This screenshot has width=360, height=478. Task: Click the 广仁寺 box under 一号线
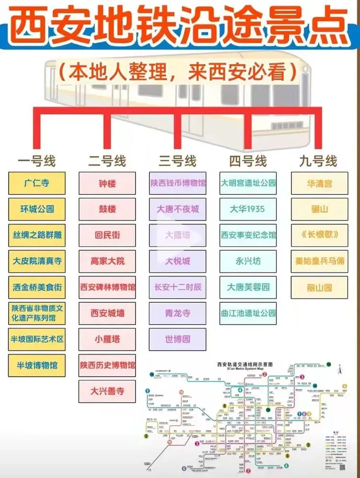[36, 183]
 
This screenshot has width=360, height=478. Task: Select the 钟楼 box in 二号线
[107, 183]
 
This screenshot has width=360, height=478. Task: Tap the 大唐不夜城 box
[178, 209]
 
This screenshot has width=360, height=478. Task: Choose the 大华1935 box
[248, 209]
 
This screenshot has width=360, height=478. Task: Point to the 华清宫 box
[319, 183]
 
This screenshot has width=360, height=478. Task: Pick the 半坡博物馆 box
[36, 365]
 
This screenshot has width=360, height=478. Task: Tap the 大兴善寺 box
[107, 391]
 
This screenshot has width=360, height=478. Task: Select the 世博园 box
[178, 339]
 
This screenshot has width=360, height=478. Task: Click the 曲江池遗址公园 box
[248, 313]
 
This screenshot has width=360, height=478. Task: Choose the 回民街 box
[107, 235]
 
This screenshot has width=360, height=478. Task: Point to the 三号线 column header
[178, 161]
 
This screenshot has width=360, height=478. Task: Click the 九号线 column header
[318, 161]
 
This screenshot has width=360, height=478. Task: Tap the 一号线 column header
[36, 161]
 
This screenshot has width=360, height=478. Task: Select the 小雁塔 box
[107, 339]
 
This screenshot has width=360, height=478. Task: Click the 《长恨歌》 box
[319, 235]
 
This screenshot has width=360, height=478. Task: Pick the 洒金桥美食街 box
[36, 287]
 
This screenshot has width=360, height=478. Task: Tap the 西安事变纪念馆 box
[248, 235]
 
